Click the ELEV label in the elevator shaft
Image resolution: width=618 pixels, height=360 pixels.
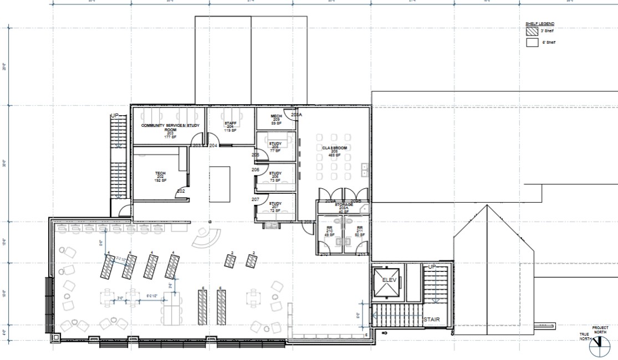pyautogui.click(x=386, y=280)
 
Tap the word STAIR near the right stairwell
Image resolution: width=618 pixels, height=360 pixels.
pyautogui.click(x=432, y=320)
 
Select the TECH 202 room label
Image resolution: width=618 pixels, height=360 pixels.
pyautogui.click(x=160, y=177)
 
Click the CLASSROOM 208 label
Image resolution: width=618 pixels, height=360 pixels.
pyautogui.click(x=334, y=151)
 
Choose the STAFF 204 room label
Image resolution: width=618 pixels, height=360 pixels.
pyautogui.click(x=231, y=126)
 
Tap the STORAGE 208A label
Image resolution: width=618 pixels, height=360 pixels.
pyautogui.click(x=343, y=208)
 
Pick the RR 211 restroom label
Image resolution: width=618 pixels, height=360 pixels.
pyautogui.click(x=360, y=231)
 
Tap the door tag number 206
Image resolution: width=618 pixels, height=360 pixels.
pyautogui.click(x=256, y=169)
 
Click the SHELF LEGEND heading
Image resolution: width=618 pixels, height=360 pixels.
pyautogui.click(x=539, y=24)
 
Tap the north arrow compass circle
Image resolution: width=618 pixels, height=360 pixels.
pyautogui.click(x=597, y=347)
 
